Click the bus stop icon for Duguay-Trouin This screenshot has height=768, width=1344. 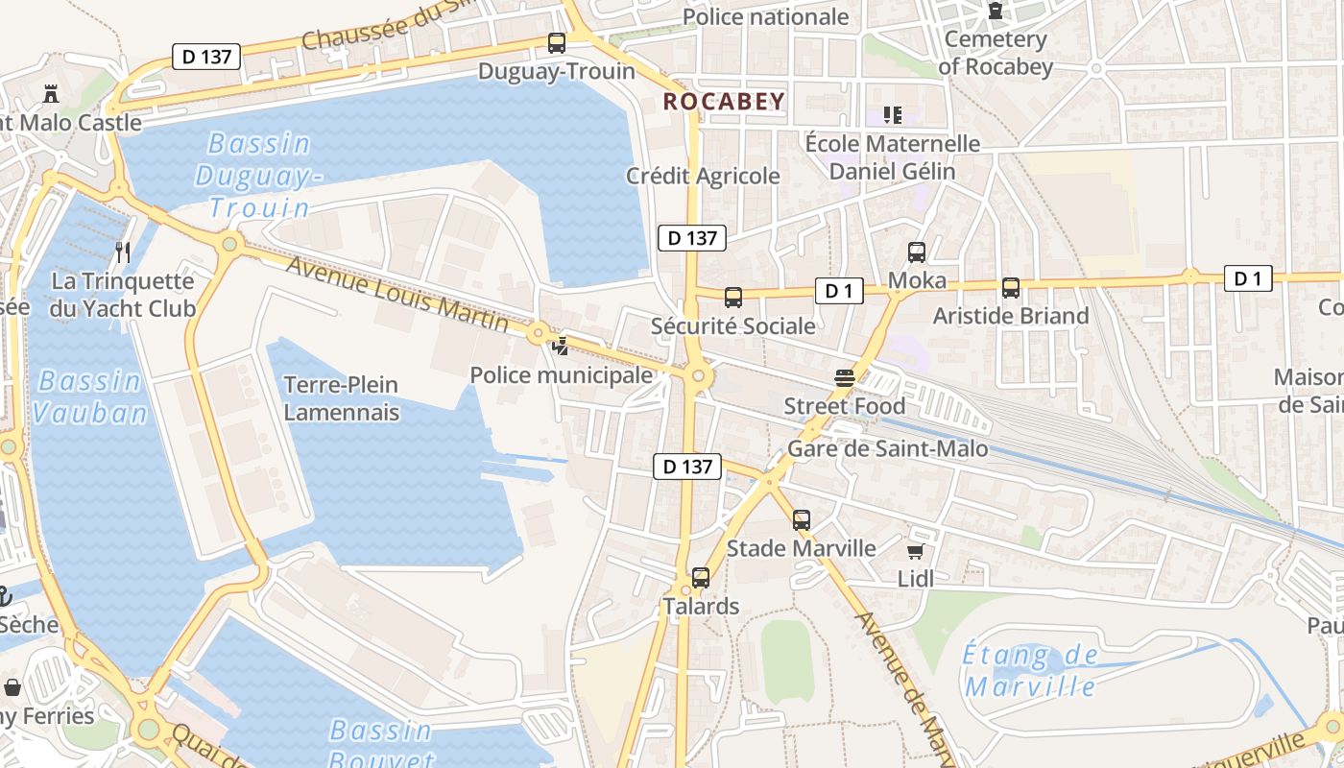tap(557, 43)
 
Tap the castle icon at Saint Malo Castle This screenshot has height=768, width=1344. tap(51, 93)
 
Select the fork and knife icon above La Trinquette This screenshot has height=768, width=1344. tap(123, 252)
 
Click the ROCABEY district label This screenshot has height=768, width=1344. tap(724, 101)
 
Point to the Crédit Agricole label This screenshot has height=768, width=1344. tap(703, 177)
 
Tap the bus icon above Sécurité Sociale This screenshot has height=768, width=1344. tap(733, 298)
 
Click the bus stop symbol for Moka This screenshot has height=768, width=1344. tap(917, 252)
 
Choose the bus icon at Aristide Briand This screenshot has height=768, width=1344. tap(1011, 288)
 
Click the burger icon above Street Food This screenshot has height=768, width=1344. tap(845, 379)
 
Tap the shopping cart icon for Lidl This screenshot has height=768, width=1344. tap(916, 551)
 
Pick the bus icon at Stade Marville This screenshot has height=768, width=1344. tap(802, 520)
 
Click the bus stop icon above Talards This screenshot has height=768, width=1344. tap(701, 578)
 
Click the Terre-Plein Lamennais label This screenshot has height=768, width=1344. tap(341, 398)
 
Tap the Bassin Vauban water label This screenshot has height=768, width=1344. tap(92, 396)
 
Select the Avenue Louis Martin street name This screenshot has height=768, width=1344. tap(397, 296)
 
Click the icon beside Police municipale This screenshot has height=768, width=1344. tap(560, 346)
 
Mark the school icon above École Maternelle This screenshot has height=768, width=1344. tap(893, 115)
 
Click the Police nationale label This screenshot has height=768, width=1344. tap(765, 16)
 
